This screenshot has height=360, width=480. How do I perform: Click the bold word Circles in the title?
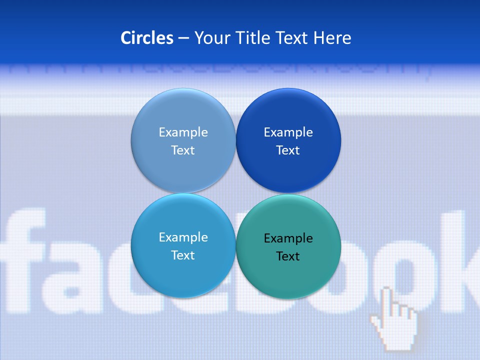click(147, 38)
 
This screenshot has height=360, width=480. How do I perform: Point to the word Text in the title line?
click(292, 38)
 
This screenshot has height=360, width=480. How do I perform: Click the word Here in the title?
click(332, 38)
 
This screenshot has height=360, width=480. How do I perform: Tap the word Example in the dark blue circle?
click(288, 132)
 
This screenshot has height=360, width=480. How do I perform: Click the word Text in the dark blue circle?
click(288, 150)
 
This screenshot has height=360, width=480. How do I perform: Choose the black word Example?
click(288, 238)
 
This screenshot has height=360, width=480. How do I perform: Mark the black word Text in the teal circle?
click(288, 256)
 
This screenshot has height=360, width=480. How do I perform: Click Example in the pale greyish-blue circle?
click(183, 132)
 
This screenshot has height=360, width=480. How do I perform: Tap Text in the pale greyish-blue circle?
click(183, 150)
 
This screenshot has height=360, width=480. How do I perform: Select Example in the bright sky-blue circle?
click(183, 237)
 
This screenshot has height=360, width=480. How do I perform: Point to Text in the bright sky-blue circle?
click(183, 255)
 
